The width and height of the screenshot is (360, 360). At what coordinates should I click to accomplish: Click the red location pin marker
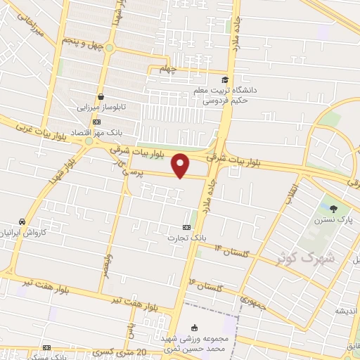pyautogui.click(x=181, y=165)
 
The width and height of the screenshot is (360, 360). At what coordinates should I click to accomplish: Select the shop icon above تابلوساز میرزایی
pyautogui.click(x=101, y=97)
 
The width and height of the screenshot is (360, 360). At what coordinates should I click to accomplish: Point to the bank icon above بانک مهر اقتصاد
pyautogui.click(x=96, y=122)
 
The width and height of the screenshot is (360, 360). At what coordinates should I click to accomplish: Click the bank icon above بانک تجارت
pyautogui.click(x=186, y=227)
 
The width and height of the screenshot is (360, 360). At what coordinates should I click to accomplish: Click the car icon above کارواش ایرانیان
pyautogui.click(x=22, y=221)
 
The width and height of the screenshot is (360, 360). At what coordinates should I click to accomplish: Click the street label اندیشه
pyautogui.click(x=347, y=311)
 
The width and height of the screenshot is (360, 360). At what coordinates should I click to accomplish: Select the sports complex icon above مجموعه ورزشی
pyautogui.click(x=195, y=328)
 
